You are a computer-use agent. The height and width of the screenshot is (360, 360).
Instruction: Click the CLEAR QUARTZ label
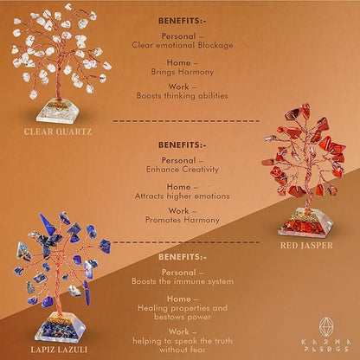58,132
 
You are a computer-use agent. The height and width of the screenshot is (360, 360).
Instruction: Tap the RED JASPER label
306,246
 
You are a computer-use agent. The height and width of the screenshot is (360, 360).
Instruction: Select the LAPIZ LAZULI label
59,350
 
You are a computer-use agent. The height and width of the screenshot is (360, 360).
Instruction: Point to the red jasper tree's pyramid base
305,223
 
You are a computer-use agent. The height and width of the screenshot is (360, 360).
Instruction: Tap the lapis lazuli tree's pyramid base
61,327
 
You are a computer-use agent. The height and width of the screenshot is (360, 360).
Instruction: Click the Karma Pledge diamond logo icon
326,327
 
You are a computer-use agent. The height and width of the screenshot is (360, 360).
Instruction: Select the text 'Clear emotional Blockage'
183,45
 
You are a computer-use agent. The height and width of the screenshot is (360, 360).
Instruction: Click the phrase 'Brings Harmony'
183,72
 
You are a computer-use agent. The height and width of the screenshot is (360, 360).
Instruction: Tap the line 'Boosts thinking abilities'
183,96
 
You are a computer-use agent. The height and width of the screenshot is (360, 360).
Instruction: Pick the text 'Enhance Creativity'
183,170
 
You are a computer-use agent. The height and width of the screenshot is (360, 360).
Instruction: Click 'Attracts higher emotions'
183,196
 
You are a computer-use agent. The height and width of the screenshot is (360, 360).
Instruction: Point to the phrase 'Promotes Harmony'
183,220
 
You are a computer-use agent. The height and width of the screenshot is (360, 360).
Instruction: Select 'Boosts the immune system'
183,281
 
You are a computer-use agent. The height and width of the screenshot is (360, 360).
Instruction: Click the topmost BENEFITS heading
183,21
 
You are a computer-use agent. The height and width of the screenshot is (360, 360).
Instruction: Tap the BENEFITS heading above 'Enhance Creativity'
183,145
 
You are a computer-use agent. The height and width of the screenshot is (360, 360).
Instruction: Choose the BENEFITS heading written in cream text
183,257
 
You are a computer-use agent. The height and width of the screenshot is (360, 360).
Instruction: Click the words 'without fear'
183,350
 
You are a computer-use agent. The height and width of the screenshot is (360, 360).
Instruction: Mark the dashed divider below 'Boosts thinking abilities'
186,121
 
